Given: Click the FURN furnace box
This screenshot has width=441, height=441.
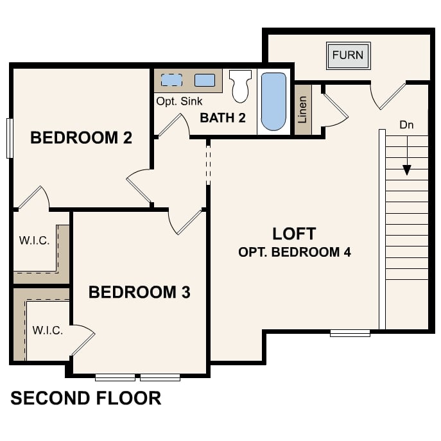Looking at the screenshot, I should (348, 55).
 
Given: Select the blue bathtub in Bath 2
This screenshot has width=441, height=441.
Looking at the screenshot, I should (273, 101).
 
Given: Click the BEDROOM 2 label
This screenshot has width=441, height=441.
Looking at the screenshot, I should (82, 137).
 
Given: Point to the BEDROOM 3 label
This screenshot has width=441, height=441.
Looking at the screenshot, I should (139, 293).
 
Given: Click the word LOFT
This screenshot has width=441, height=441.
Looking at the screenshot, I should (294, 233).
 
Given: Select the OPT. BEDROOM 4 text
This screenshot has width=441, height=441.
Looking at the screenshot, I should (294, 252).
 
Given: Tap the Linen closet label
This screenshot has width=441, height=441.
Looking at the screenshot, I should (303, 110).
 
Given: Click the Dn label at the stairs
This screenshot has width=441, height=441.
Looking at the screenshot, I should (406, 125).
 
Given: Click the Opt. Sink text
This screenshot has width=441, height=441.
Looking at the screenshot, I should (179, 101).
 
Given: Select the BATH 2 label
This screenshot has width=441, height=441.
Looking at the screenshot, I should (223, 117).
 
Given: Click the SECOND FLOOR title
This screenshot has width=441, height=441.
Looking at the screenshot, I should (86, 398).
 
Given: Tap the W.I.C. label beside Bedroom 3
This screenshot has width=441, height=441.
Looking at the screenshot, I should (48, 331).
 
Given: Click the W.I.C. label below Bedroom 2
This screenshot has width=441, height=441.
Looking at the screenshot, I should (33, 241).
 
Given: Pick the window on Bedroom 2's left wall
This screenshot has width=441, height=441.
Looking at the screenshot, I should (10, 137).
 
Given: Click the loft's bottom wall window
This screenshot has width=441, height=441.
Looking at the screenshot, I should (350, 333).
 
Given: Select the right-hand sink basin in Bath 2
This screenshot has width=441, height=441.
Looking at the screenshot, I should (205, 80).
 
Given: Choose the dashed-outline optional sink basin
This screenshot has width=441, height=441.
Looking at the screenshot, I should (171, 80).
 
